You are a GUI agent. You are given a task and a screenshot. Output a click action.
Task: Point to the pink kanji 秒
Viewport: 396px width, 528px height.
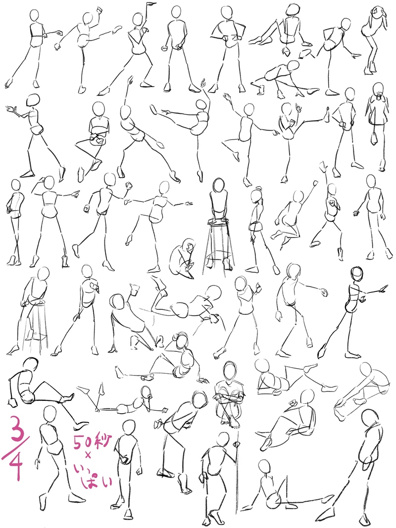(101, 440)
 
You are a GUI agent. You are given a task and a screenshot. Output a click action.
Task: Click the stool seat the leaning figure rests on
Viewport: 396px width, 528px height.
(38, 303)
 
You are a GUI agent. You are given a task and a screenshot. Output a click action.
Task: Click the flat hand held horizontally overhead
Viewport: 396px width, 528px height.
(151, 3)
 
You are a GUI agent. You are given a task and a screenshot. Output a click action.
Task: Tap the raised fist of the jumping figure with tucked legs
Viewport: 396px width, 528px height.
(315, 183)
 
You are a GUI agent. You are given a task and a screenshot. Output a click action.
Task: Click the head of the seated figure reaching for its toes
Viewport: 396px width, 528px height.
(367, 369)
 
